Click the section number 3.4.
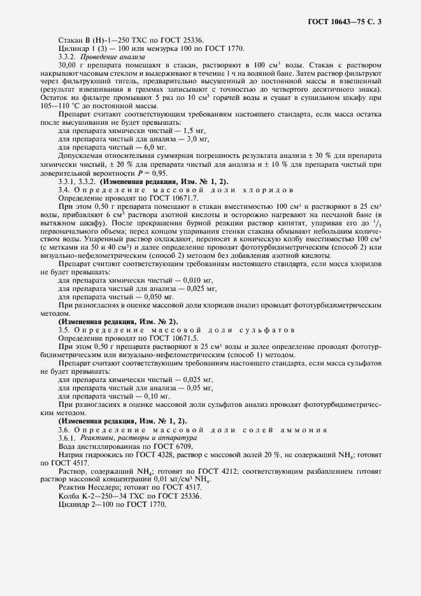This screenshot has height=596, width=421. pos(64,190)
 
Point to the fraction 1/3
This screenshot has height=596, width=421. pos(376,224)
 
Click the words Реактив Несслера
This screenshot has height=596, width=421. pos(83,488)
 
